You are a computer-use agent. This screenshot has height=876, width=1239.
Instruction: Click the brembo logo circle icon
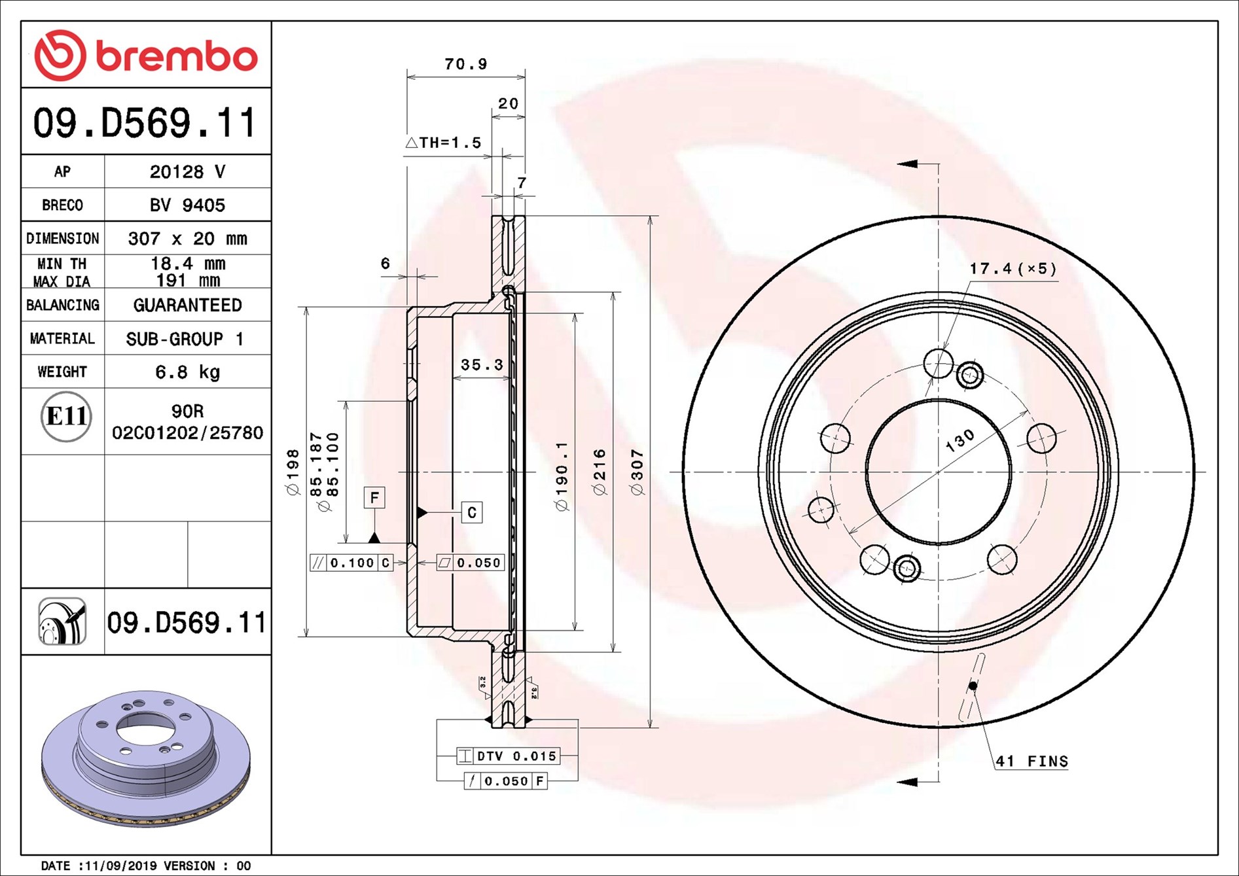[60, 55]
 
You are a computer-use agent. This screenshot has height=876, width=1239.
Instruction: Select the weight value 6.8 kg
[188, 372]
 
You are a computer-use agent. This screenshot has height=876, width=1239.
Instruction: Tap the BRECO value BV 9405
[187, 205]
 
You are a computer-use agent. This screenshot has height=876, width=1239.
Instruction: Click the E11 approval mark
[66, 416]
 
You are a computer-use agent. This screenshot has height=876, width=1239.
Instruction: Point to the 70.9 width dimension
[465, 64]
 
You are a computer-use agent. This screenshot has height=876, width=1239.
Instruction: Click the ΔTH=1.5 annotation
[443, 143]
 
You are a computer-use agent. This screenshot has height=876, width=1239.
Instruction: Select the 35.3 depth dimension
[482, 364]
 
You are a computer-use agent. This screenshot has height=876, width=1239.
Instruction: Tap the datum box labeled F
[374, 497]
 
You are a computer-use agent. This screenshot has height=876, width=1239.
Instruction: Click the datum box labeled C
[472, 512]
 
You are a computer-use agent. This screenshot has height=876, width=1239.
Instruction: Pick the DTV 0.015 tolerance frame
[508, 756]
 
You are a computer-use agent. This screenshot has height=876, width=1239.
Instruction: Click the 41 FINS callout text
[1032, 762]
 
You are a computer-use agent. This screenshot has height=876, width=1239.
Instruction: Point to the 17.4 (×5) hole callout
[1013, 269]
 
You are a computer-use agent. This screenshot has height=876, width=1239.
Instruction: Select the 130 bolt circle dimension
[960, 442]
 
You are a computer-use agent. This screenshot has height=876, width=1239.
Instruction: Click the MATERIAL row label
[62, 338]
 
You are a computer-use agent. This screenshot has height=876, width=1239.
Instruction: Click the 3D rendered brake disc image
[146, 759]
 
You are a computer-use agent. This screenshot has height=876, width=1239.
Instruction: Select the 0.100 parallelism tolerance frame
[351, 563]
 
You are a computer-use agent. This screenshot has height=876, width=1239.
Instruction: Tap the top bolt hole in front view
[939, 363]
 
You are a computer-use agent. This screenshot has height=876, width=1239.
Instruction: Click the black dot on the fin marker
[973, 686]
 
